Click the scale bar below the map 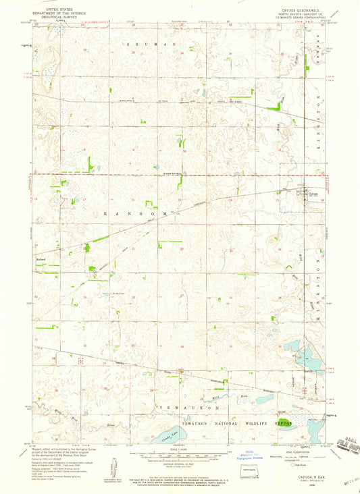click(x=179, y=454)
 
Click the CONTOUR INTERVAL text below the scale click(x=179, y=464)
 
